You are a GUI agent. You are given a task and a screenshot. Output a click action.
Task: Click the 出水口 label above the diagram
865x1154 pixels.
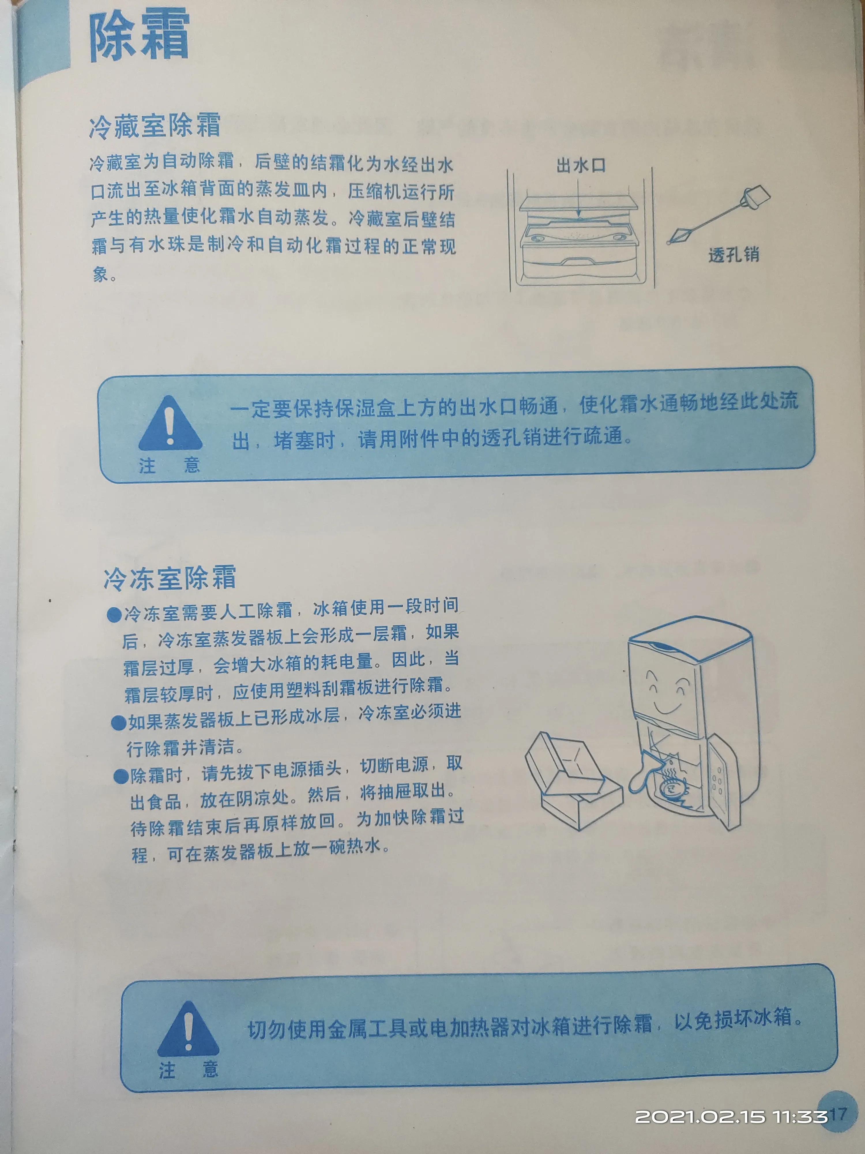coord(581,166)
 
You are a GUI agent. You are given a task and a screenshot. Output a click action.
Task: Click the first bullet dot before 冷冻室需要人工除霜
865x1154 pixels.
coord(114,615)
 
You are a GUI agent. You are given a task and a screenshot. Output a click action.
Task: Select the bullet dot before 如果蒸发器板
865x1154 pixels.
coord(119,723)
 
